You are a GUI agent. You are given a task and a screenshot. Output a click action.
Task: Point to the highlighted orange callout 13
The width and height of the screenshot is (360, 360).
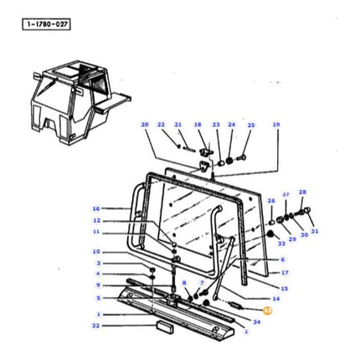pos(267,310)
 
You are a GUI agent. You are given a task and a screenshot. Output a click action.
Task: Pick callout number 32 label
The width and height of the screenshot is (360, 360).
pos(95,325)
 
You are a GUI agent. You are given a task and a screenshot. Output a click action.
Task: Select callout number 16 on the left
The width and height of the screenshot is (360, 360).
pos(96,208)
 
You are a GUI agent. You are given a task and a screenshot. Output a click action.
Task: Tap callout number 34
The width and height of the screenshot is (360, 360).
pos(256,321)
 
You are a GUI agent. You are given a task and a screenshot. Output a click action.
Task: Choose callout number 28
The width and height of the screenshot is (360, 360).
pos(302,192)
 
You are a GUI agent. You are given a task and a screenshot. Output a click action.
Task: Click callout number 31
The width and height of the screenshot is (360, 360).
pos(315,231)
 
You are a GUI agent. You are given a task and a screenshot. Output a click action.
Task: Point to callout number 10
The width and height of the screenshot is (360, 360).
pos(96,251)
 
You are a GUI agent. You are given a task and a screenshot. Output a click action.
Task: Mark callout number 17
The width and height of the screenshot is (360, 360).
pos(285,272)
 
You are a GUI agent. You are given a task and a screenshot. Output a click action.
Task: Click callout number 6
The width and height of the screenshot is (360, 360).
pos(283,260)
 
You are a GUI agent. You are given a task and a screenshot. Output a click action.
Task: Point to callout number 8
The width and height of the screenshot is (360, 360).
pos(184,283)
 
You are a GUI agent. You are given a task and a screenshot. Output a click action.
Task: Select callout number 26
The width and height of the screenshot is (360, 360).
pos(270,201)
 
